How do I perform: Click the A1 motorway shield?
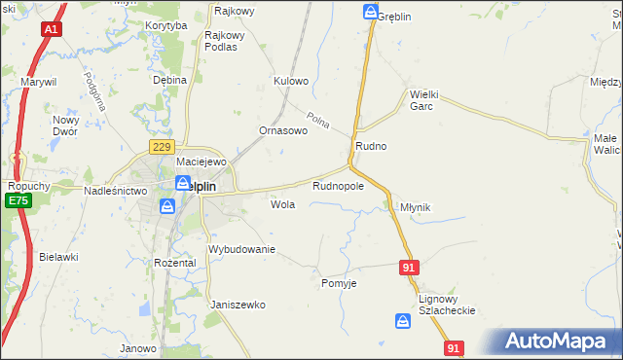(x=51, y=30)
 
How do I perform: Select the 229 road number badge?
(x=162, y=146)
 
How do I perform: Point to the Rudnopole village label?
(x=338, y=185)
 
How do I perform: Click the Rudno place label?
(x=371, y=146)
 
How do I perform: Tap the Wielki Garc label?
(x=427, y=100)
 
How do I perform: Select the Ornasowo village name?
(x=283, y=130)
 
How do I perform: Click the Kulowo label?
(x=291, y=81)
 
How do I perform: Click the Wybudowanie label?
(x=242, y=250)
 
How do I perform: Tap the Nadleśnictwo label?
(x=115, y=192)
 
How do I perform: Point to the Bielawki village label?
(x=58, y=257)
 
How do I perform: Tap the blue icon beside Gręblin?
(x=371, y=12)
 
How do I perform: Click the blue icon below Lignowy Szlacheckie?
(x=403, y=320)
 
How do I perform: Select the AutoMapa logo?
(x=552, y=342)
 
